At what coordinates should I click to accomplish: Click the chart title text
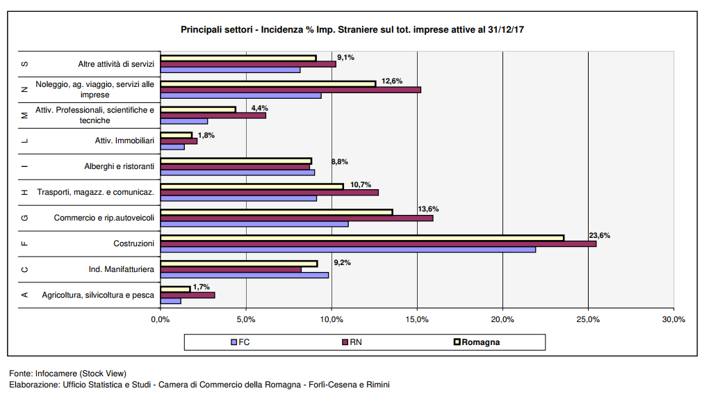click(352, 30)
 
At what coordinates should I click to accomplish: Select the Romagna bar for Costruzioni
click(361, 238)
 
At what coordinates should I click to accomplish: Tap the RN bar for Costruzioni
click(377, 243)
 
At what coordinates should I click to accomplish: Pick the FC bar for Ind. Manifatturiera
click(244, 275)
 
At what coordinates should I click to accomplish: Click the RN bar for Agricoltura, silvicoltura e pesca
click(187, 295)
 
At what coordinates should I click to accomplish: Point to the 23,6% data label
click(599, 235)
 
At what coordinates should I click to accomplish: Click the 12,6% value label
click(392, 81)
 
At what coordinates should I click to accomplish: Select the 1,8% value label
click(206, 135)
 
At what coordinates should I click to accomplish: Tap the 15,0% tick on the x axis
click(417, 320)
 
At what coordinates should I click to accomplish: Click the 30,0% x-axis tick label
click(673, 320)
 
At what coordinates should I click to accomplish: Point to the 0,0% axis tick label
click(161, 320)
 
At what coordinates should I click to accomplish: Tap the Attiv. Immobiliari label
click(124, 141)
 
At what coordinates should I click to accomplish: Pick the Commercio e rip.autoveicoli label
click(104, 218)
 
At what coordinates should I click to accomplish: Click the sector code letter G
click(25, 218)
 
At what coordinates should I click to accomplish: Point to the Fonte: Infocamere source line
click(67, 374)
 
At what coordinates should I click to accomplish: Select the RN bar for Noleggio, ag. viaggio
click(291, 90)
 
